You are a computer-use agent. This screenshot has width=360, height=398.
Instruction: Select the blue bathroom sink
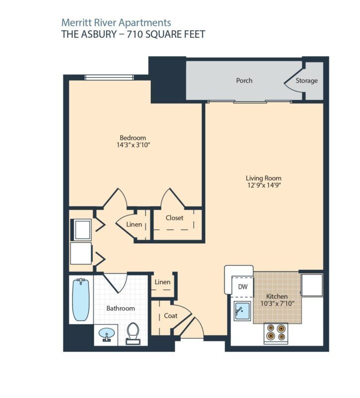tap(106, 334)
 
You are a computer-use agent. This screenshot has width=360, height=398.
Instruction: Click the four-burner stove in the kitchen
tap(276, 332)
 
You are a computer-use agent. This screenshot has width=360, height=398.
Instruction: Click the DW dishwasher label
tap(242, 287)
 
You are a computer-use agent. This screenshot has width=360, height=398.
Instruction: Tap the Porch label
tap(244, 81)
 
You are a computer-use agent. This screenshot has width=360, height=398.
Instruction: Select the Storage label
tap(306, 81)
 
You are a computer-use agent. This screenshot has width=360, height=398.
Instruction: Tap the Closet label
tap(174, 218)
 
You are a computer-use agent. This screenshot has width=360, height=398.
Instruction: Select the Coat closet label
tap(170, 315)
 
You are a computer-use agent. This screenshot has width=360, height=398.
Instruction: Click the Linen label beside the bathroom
tap(163, 282)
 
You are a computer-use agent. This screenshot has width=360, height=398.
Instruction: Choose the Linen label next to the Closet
tap(134, 225)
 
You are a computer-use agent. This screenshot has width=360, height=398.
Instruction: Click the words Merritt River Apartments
tap(116, 22)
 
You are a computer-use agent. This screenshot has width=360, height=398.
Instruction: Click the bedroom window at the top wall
tap(109, 77)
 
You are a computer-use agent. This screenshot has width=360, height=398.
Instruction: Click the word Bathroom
tap(120, 308)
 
